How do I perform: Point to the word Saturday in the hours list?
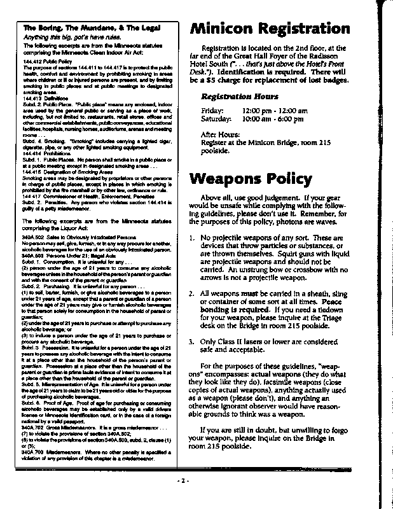216,119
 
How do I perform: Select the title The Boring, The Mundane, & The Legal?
92,29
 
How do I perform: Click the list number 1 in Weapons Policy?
193,238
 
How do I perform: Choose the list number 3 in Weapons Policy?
193,341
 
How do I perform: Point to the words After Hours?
220,135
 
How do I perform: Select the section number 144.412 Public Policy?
45,61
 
